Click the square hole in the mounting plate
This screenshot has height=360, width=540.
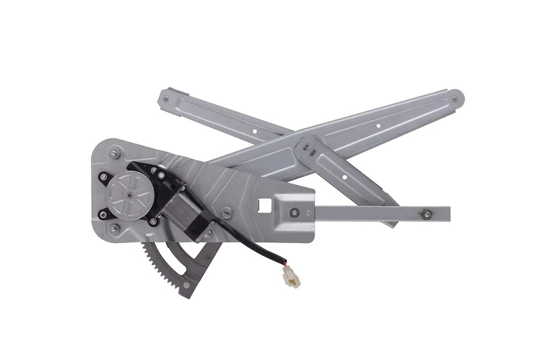(265, 203)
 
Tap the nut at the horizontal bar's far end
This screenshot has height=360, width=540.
(426, 215)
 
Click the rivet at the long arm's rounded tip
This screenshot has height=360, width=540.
(454, 99)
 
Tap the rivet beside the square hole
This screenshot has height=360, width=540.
(294, 213)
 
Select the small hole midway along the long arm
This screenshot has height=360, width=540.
(378, 124)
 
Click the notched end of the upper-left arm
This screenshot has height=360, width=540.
(169, 95)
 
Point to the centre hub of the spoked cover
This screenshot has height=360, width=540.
(128, 192)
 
